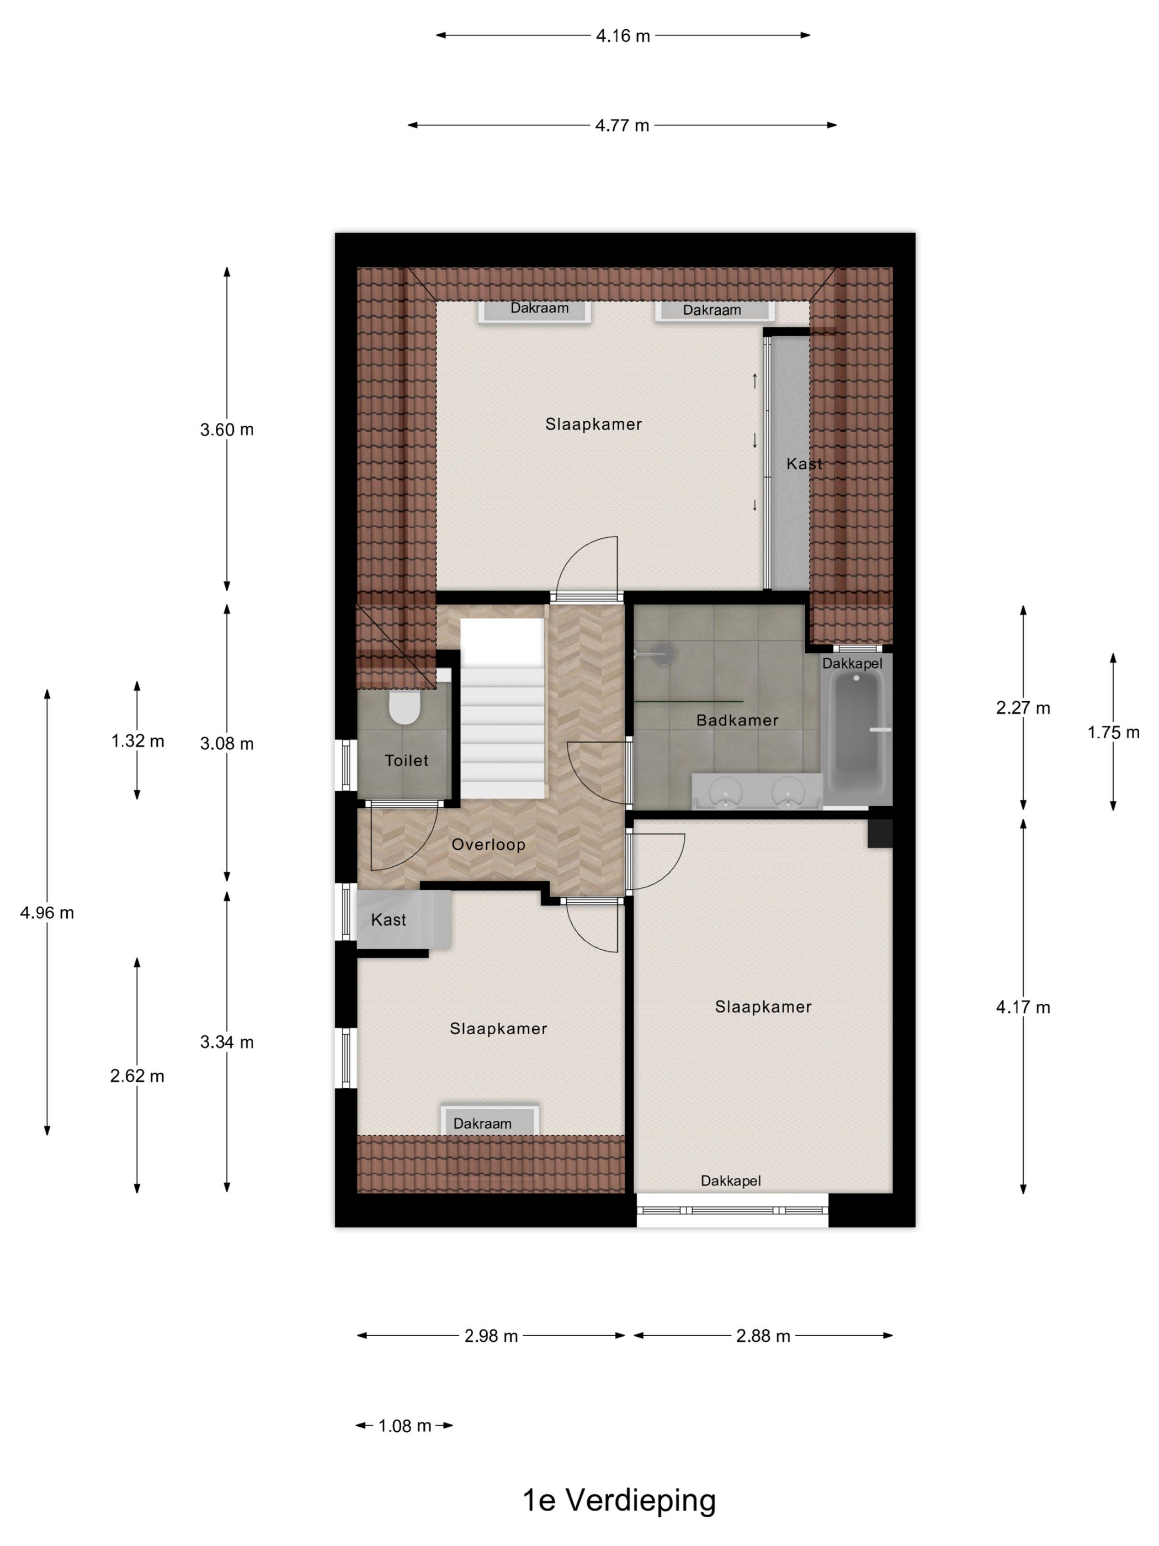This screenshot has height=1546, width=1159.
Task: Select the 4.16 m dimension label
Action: (x=623, y=36)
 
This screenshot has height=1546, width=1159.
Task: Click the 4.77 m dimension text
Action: (x=622, y=126)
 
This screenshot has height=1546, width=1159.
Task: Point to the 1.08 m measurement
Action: (x=405, y=1426)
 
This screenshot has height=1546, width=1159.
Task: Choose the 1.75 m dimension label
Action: (x=1112, y=733)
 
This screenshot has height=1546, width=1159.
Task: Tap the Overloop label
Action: (x=488, y=844)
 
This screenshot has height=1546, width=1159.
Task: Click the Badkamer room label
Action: (x=737, y=721)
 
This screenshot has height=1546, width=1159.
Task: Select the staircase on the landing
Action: (x=501, y=727)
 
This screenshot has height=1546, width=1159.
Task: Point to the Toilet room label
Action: (x=406, y=760)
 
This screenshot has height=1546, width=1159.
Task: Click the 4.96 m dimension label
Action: (x=47, y=913)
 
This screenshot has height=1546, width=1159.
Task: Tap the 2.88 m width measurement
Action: (x=763, y=1336)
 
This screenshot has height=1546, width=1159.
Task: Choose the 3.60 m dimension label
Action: (x=226, y=430)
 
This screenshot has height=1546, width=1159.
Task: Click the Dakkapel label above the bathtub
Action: (x=852, y=663)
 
